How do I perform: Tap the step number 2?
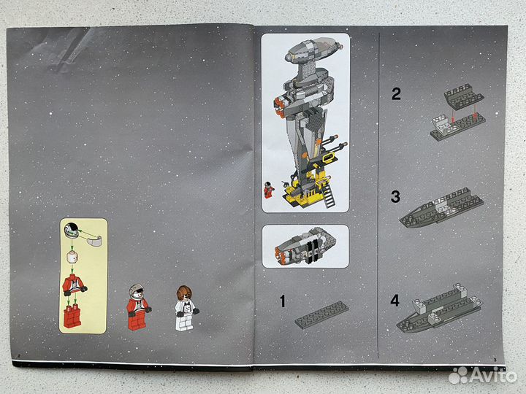point(396,93)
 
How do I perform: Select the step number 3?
point(396,196)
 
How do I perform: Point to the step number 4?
point(396,299)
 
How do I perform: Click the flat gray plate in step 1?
point(321,314)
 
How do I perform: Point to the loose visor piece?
point(92,239)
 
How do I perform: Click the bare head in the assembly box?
point(72,256)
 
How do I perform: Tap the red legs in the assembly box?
point(72,316)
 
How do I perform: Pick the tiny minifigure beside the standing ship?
point(269,189)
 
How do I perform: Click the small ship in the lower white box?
point(304,246)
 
